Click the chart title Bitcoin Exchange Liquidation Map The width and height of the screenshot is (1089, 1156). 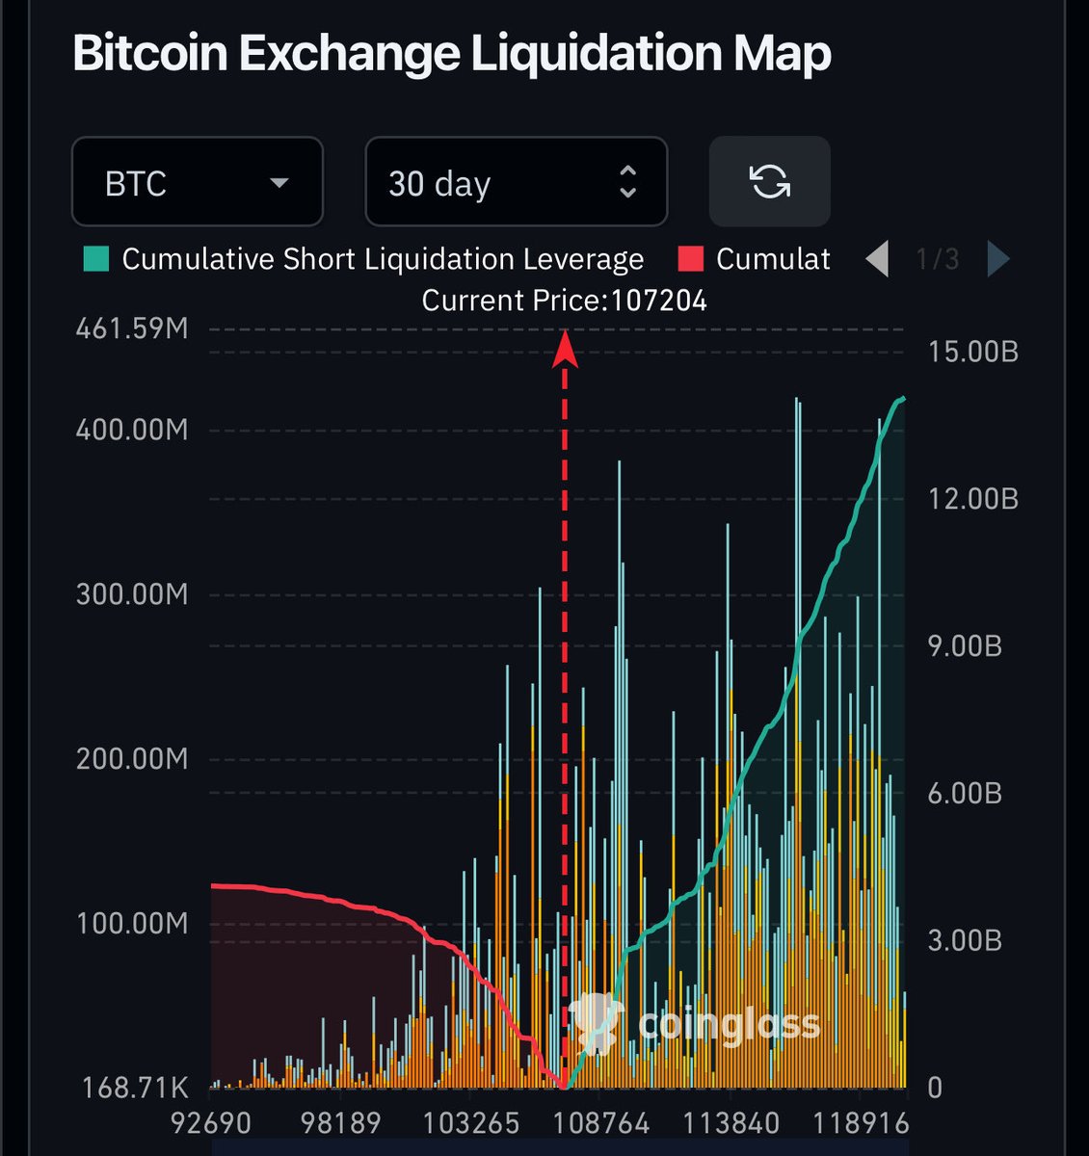[x=451, y=54]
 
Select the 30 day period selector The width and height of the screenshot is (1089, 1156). [x=516, y=182]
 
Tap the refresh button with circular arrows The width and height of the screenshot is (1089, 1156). [x=769, y=181]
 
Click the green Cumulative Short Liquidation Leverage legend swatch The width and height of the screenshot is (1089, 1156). [x=96, y=259]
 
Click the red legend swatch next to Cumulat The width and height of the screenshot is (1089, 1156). [x=691, y=259]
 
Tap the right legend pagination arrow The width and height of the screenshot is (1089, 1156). [x=998, y=259]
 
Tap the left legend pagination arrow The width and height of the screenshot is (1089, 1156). [x=877, y=259]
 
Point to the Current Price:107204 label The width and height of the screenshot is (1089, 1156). [x=564, y=301]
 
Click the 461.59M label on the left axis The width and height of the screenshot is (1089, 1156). [x=132, y=329]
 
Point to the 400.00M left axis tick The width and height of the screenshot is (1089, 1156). [x=132, y=430]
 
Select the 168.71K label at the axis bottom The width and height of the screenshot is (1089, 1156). [x=135, y=1088]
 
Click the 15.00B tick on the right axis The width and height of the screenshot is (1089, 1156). [x=972, y=352]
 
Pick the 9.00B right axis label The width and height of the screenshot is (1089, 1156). [x=965, y=646]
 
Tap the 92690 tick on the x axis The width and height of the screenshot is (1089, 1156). [x=211, y=1123]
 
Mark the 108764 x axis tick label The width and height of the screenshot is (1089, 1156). [x=599, y=1123]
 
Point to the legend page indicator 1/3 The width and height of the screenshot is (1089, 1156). [x=938, y=259]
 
